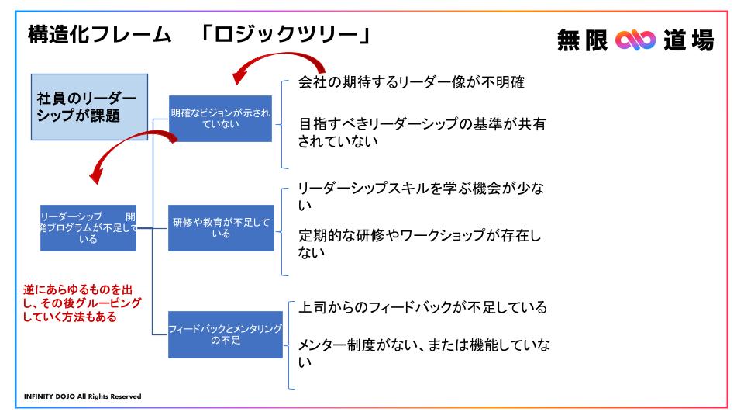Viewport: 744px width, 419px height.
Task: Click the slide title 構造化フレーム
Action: pyautogui.click(x=100, y=35)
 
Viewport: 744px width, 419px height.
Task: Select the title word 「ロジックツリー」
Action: pyautogui.click(x=285, y=35)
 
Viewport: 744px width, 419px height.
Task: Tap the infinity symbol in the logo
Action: pyautogui.click(x=635, y=40)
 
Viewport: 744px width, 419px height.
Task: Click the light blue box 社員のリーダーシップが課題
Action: pyautogui.click(x=89, y=107)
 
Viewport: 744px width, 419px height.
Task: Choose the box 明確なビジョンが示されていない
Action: pyautogui.click(x=220, y=118)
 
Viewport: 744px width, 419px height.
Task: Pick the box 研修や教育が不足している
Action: pyautogui.click(x=221, y=228)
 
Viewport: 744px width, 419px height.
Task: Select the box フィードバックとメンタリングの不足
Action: pyautogui.click(x=226, y=334)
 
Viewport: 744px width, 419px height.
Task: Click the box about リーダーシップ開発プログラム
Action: pyautogui.click(x=88, y=228)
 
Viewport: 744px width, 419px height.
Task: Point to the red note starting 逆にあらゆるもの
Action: pyautogui.click(x=82, y=303)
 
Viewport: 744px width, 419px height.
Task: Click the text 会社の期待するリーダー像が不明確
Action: pyautogui.click(x=412, y=82)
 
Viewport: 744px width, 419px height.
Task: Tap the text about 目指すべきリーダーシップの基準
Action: pyautogui.click(x=422, y=133)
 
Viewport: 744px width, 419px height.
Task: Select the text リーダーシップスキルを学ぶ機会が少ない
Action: pyautogui.click(x=421, y=196)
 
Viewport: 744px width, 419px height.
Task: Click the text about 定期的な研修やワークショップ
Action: pyautogui.click(x=419, y=243)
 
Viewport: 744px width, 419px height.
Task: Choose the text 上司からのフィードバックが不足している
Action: pyautogui.click(x=422, y=307)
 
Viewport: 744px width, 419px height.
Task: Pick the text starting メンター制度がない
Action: pyautogui.click(x=424, y=353)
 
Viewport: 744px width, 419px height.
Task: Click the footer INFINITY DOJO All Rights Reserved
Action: pyautogui.click(x=83, y=396)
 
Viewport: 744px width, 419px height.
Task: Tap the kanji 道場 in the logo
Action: pyautogui.click(x=688, y=40)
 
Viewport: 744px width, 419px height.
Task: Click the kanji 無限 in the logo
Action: pyautogui.click(x=582, y=40)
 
